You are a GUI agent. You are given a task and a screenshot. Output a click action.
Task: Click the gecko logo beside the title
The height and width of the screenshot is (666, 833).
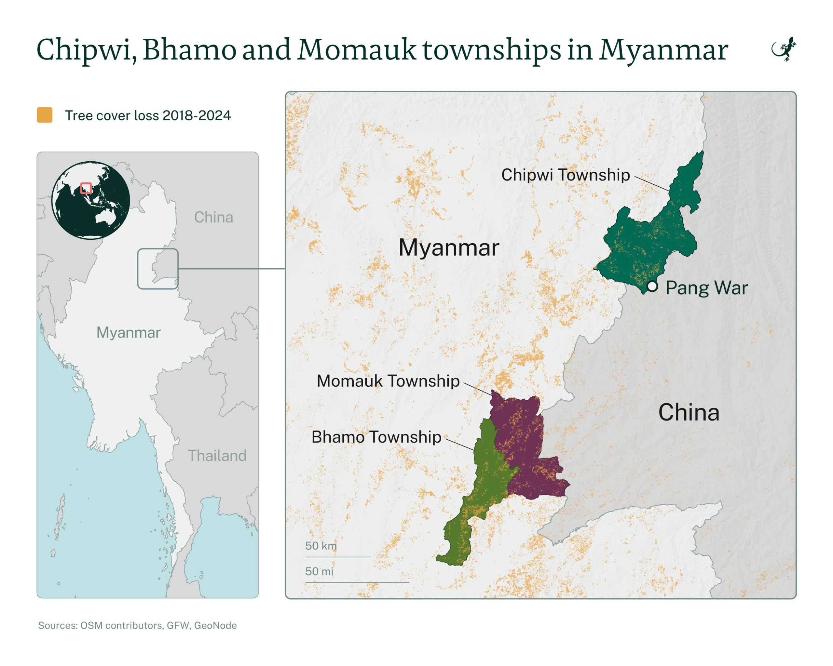784,49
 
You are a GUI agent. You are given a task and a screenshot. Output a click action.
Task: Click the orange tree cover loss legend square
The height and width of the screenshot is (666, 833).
45,115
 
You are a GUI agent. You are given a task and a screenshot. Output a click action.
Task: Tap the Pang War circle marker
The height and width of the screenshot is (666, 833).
652,286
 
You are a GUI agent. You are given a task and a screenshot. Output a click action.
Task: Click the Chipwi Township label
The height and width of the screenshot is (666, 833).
565,175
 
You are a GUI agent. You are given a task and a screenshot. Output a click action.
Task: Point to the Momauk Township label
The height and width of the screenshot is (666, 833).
388,381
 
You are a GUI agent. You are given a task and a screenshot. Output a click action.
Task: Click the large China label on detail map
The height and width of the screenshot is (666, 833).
689,412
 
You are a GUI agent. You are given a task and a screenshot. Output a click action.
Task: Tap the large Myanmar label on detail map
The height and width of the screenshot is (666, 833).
449,247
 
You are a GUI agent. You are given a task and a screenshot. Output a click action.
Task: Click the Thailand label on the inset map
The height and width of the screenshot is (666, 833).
217,456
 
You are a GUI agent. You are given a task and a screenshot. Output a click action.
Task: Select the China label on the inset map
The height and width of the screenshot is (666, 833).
213,217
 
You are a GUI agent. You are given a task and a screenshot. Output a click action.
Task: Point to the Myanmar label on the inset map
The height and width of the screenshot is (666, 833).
128,332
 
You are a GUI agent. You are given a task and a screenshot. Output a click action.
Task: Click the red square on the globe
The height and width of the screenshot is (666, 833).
86,188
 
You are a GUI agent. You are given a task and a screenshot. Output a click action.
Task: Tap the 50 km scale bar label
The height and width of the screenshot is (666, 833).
321,546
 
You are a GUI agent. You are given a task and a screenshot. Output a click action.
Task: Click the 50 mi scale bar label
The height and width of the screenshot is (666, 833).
319,571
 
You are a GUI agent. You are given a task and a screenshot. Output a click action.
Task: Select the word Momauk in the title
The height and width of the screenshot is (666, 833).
357,50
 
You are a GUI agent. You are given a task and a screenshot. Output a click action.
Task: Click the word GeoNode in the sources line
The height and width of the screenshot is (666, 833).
215,625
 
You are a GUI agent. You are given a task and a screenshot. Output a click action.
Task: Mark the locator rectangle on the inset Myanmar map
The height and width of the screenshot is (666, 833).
157,269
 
